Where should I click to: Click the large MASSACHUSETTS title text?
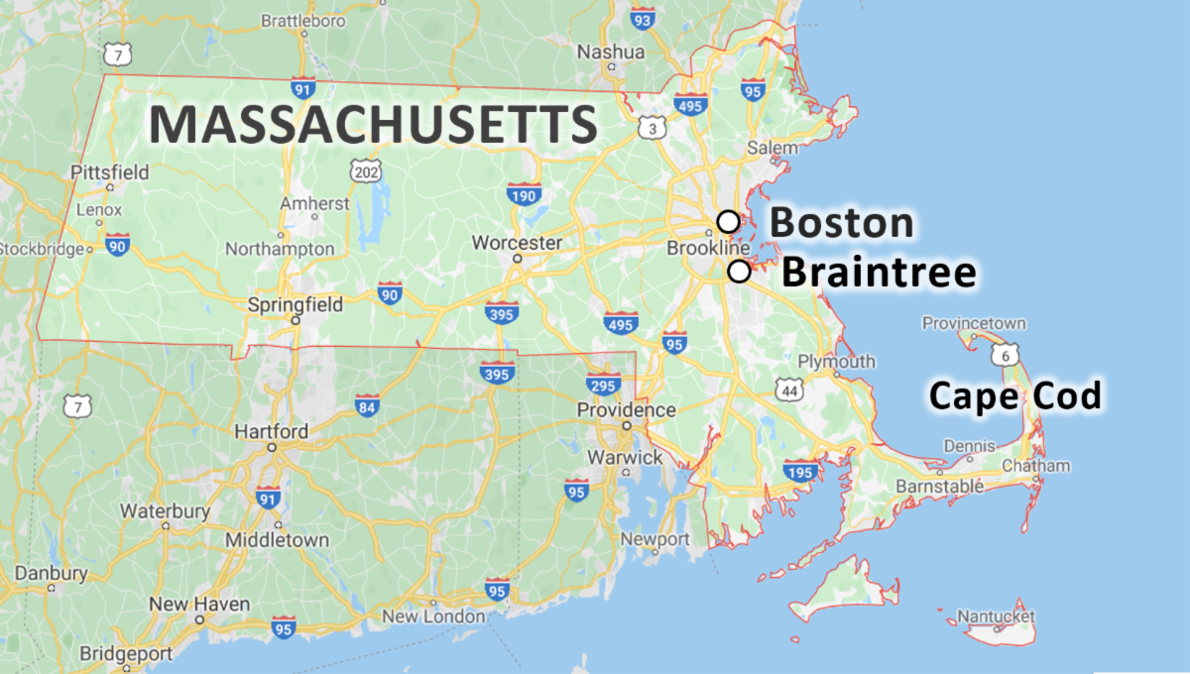tap(373, 126)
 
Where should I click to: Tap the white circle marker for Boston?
tap(729, 221)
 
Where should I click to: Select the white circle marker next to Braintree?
tap(739, 272)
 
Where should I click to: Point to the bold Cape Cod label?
tap(1014, 396)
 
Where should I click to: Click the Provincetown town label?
tap(974, 323)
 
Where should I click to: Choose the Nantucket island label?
tap(998, 617)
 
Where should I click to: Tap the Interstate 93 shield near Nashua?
tap(643, 19)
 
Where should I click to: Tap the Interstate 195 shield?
tap(798, 471)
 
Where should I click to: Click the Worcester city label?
tap(517, 243)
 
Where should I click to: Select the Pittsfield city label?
tap(110, 172)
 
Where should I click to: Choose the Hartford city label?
tap(271, 432)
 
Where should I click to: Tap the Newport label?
tap(654, 539)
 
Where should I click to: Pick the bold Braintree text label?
tap(879, 273)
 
